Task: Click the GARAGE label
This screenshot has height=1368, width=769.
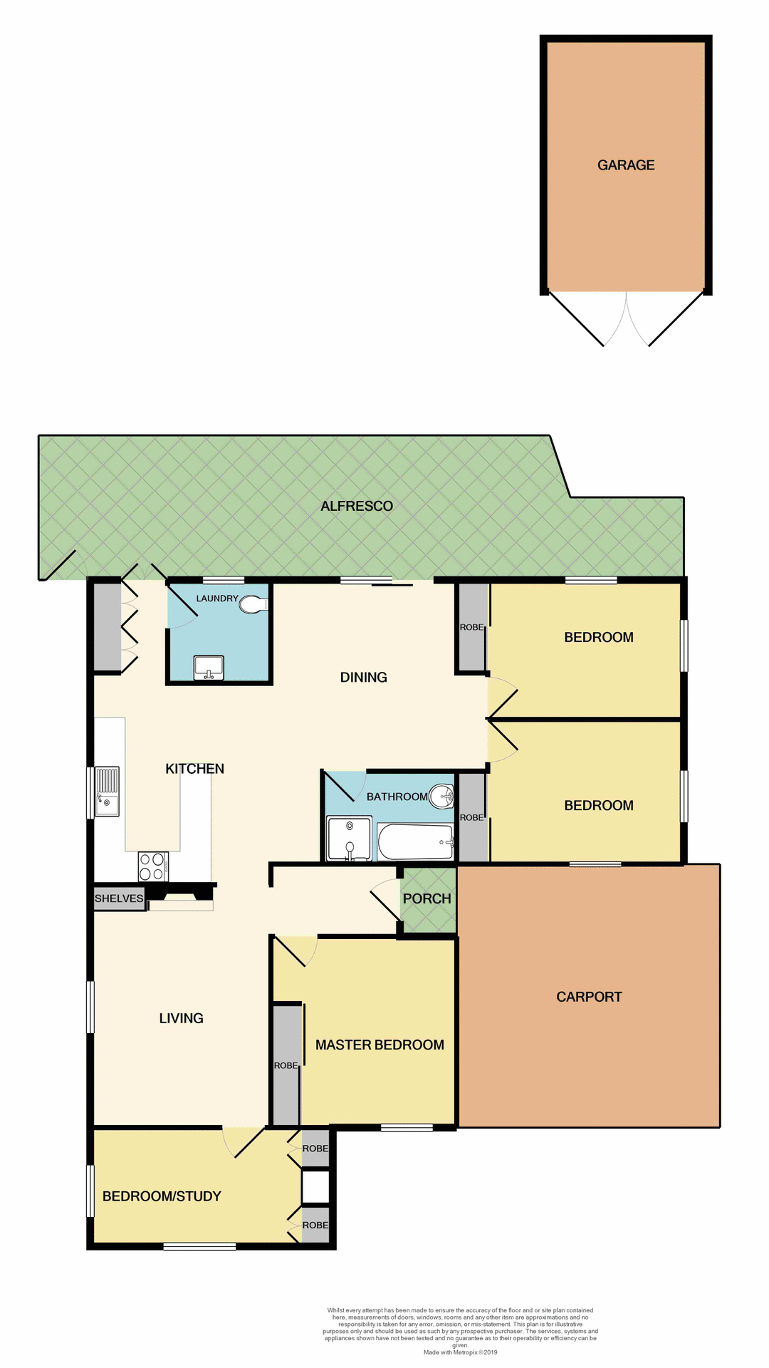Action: [x=626, y=165]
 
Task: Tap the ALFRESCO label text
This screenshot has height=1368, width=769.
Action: [x=357, y=507]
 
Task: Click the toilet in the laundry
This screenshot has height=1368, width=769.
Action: [x=253, y=605]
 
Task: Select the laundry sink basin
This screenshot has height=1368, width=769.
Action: [x=209, y=668]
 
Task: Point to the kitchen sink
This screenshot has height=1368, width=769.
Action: [x=107, y=791]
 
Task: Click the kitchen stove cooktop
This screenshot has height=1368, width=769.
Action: [x=153, y=866]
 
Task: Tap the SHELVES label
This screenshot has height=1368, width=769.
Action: [x=119, y=898]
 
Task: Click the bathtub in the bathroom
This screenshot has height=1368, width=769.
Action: [x=415, y=842]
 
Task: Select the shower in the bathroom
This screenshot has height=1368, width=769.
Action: [x=349, y=839]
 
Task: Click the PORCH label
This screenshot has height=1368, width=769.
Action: [x=427, y=899]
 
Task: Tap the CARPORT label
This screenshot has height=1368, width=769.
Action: [x=589, y=997]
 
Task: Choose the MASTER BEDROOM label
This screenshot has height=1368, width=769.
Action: [x=380, y=1045]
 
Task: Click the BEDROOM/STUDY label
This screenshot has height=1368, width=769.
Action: [x=162, y=1196]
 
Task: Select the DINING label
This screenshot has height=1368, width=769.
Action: [x=363, y=678]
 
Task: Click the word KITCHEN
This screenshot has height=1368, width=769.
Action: [x=194, y=769]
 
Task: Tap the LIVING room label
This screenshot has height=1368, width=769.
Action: [x=181, y=1019]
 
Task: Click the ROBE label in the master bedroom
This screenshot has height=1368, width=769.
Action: [x=286, y=1066]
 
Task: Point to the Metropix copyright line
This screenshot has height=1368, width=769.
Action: [x=460, y=1352]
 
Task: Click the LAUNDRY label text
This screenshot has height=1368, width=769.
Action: [x=217, y=598]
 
